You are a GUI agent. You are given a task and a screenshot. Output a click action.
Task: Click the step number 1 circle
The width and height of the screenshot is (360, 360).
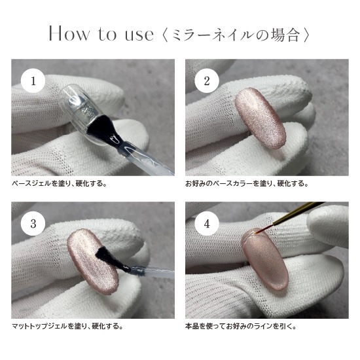[x=33, y=81]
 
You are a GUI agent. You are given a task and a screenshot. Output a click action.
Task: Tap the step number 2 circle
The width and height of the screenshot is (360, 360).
[x=207, y=81]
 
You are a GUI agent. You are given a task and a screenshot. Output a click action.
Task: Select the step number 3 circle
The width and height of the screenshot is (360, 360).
[x=33, y=223]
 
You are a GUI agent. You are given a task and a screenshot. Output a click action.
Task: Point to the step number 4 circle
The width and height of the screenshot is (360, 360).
[x=207, y=223]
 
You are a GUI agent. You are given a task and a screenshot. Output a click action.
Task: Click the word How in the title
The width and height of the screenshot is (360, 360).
[x=69, y=34]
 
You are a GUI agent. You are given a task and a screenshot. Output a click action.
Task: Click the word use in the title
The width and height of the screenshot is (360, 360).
[x=139, y=35]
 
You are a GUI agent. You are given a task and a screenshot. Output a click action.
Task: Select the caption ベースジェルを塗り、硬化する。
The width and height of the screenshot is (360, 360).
[x=60, y=184]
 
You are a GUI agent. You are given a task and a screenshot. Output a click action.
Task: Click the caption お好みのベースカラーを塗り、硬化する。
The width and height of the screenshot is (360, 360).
[x=247, y=184]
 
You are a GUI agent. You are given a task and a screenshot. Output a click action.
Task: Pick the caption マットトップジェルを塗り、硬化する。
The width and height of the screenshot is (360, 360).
[x=67, y=326]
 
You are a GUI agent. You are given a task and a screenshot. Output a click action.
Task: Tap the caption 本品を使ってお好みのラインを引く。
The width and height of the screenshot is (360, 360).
[x=241, y=326]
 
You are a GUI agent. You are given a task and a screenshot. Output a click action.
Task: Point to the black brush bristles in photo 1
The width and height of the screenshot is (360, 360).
[x=100, y=128]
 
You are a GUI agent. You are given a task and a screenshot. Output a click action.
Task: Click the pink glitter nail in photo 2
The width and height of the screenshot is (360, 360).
[x=261, y=118]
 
